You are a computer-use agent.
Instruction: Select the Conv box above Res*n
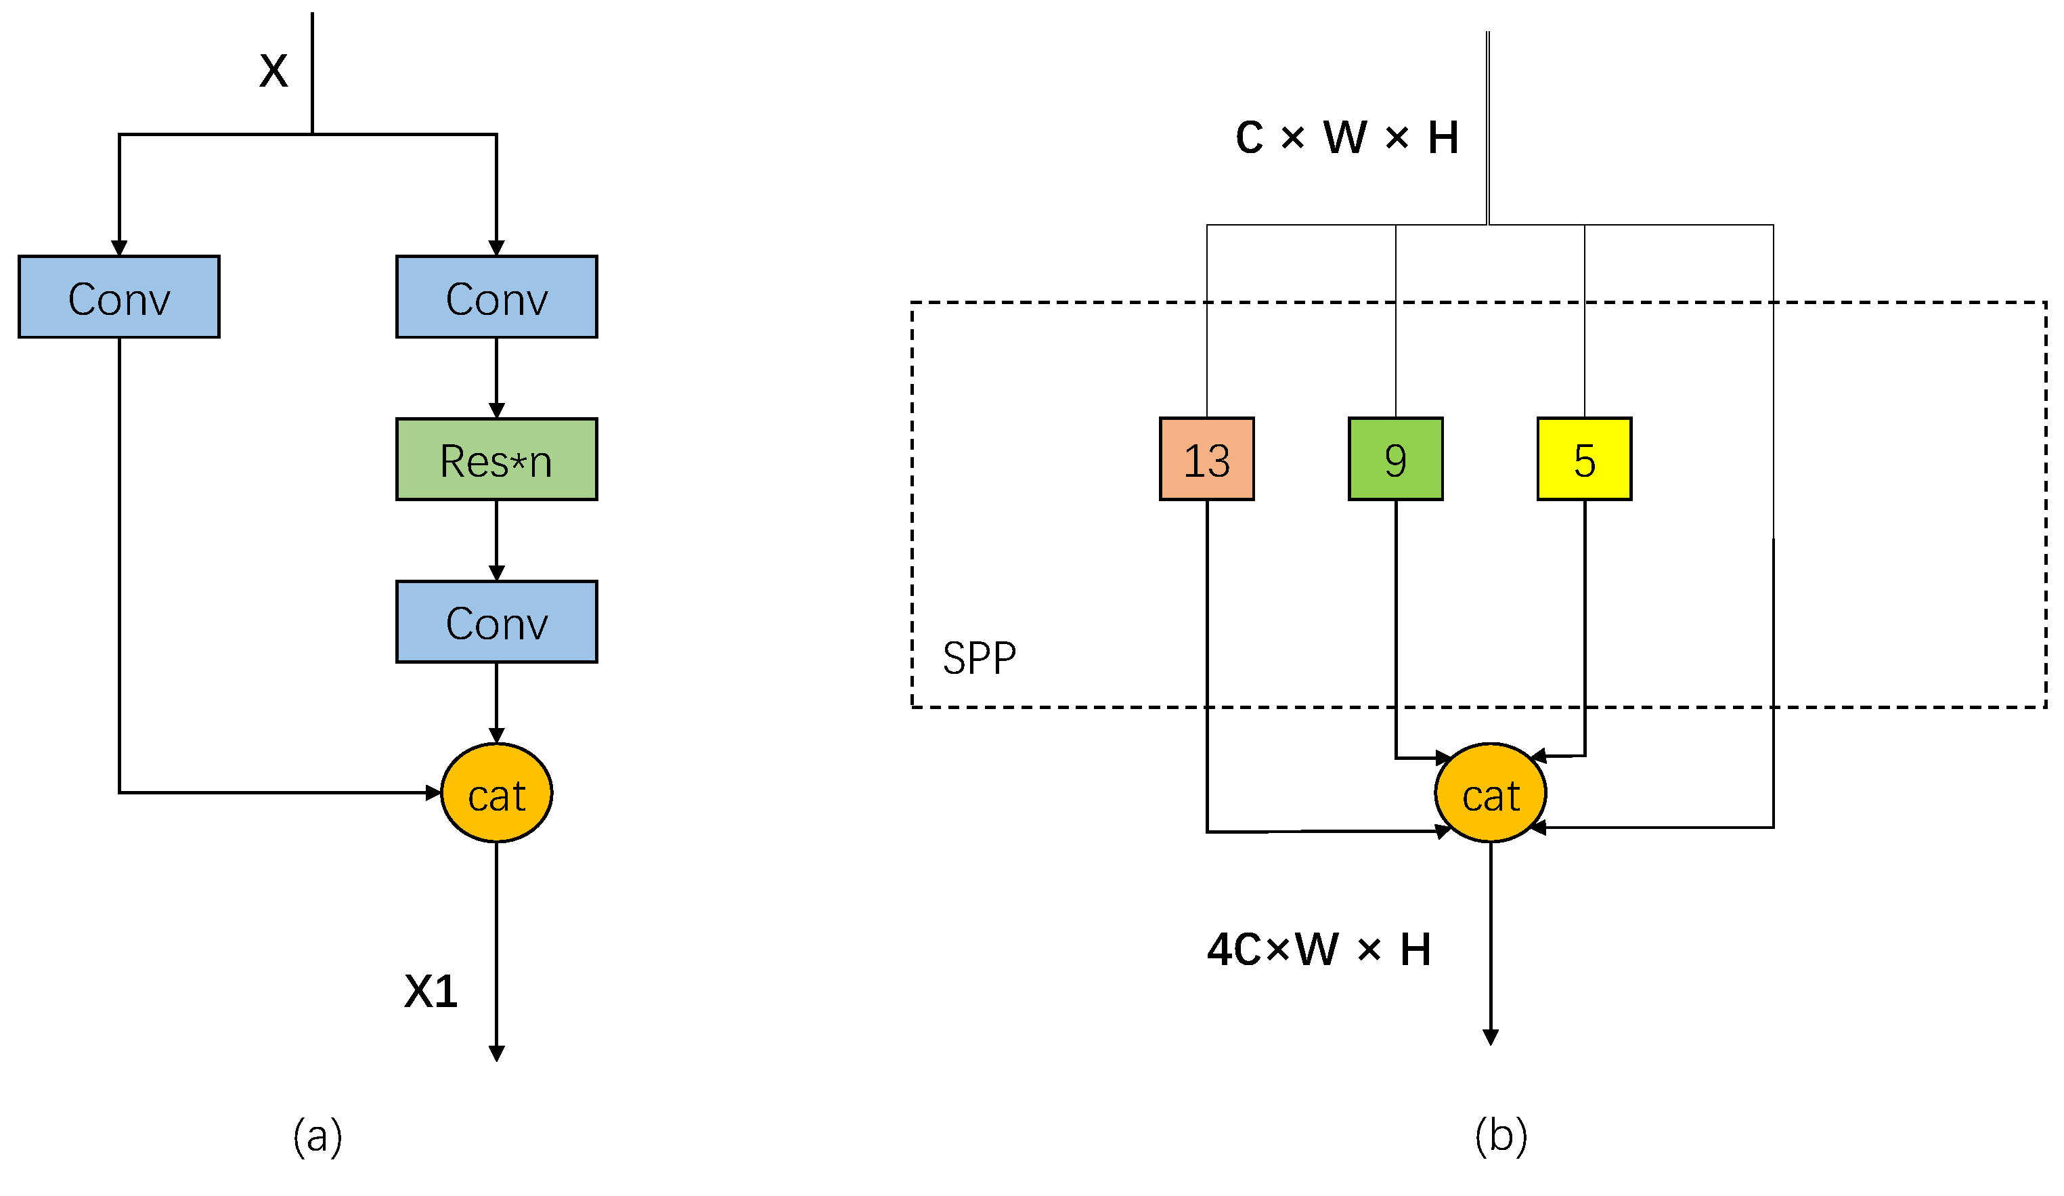[496, 297]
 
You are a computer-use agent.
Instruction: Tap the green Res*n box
[496, 460]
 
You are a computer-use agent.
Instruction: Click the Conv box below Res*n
[496, 622]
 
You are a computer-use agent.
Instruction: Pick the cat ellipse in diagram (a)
[496, 793]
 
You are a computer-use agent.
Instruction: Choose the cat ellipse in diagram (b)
[1491, 793]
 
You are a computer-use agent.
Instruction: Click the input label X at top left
[273, 70]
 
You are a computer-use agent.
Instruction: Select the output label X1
[431, 991]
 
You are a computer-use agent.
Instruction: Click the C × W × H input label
[1346, 137]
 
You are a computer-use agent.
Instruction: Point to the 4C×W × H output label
[1319, 949]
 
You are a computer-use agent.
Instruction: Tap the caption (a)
[317, 1136]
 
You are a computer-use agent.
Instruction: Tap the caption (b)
[1501, 1136]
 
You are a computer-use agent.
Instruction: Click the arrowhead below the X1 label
[496, 1054]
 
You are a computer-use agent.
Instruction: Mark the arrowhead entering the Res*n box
[496, 410]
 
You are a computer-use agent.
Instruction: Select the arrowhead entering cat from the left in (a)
[433, 793]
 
